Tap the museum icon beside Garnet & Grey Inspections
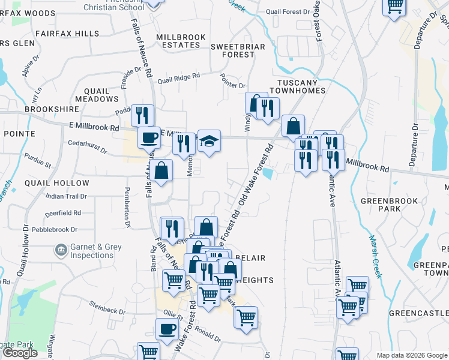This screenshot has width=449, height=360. pos(61,249)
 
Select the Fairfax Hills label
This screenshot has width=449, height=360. pos(67,34)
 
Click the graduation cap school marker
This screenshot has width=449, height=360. pos(209,141)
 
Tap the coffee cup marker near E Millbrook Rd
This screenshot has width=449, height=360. pos(149,137)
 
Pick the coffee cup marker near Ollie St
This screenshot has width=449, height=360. pos(167,329)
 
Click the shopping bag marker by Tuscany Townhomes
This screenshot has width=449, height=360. pos(293,126)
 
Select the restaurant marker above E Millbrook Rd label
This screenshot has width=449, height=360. pos(142,115)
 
